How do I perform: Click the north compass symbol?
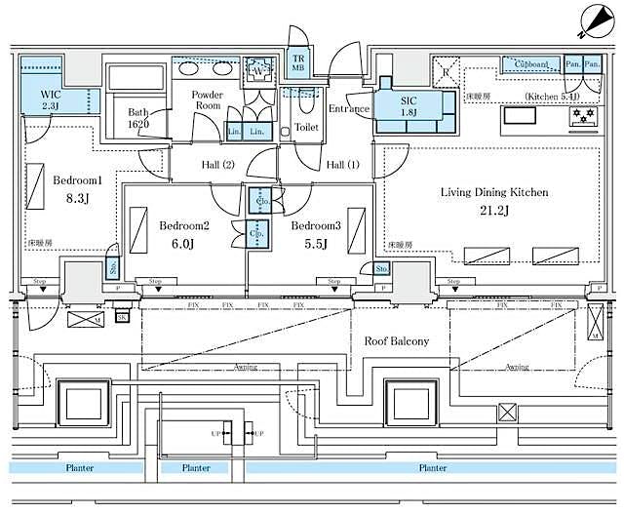pos(596,20)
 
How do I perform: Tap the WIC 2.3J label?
pos(52,100)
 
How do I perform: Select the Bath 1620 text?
pos(138,118)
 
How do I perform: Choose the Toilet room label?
pos(306,127)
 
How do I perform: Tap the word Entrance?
pos(347,109)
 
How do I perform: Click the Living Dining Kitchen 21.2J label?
pos(493,202)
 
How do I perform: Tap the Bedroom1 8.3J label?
pos(77,189)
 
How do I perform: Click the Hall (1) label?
pos(341,165)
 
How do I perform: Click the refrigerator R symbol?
pos(445,72)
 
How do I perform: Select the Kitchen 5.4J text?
pos(552,97)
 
